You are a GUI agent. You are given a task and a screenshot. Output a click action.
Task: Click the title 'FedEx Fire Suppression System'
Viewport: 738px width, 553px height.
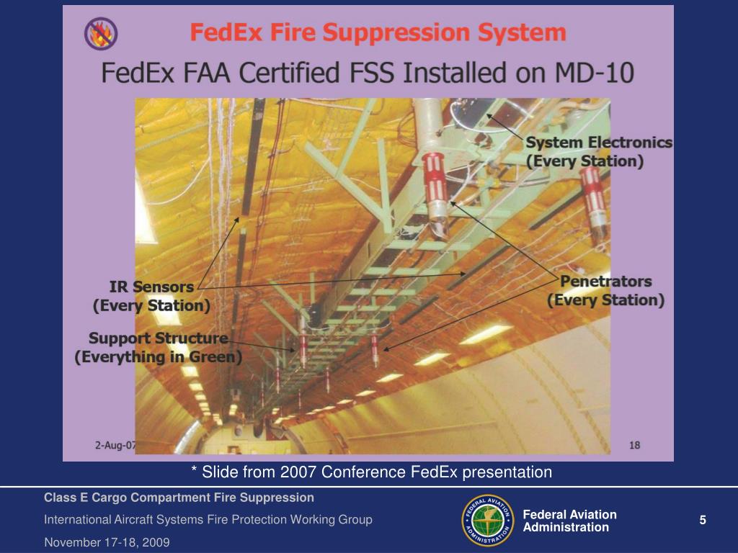377,33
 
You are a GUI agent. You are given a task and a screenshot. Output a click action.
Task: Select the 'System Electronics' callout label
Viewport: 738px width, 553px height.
600,143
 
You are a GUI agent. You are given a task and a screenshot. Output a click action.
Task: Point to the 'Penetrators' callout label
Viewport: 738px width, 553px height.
606,281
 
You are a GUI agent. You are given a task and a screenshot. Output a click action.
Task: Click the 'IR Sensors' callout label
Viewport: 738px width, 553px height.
152,287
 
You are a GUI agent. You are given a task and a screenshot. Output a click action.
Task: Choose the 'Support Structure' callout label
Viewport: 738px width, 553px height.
158,338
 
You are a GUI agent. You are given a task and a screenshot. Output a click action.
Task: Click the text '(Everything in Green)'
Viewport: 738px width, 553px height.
158,356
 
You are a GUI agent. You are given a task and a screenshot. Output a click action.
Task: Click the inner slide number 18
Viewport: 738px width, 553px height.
633,445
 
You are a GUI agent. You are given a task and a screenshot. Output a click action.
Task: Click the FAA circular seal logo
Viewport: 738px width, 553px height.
486,521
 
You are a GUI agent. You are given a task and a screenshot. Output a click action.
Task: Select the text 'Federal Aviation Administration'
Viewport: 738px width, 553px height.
569,521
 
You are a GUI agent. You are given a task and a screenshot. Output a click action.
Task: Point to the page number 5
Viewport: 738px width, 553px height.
703,521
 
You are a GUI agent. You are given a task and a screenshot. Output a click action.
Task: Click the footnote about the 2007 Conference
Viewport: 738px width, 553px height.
372,472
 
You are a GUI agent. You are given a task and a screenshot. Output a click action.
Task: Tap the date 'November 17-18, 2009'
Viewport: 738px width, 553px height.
107,542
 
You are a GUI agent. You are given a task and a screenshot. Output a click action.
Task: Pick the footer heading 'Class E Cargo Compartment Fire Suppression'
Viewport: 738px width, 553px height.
179,498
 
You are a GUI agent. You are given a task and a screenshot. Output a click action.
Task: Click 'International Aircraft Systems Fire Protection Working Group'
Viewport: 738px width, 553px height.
208,520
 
